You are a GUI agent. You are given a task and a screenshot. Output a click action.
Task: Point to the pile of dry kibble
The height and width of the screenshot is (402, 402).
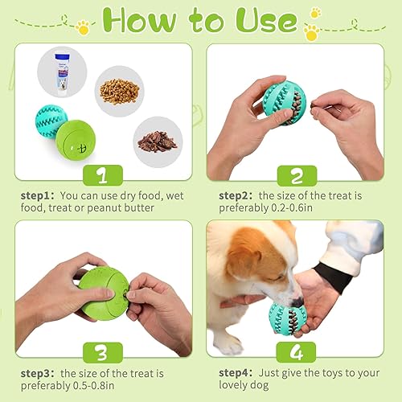[x=119, y=89]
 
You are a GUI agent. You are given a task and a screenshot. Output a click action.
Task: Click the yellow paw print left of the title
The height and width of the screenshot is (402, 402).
[x=82, y=29]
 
